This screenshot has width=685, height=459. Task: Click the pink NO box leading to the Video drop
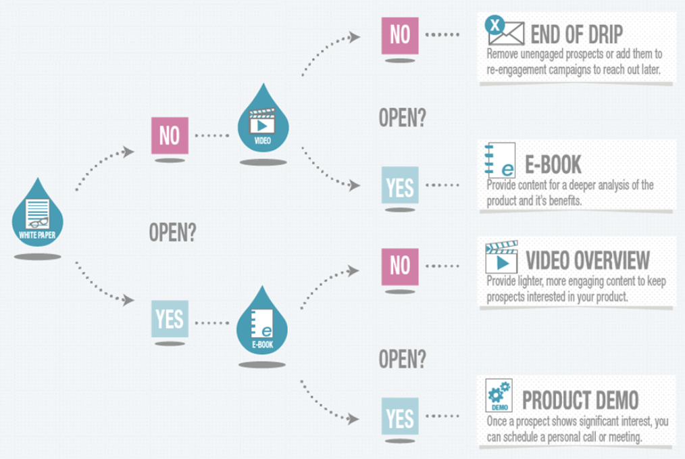(169, 135)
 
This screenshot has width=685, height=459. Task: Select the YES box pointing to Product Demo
(399, 416)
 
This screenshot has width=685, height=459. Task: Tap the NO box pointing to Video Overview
(399, 265)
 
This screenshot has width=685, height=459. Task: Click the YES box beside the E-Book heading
(399, 185)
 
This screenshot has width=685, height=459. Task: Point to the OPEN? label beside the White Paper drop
(173, 233)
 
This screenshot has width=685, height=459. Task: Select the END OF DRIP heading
(576, 34)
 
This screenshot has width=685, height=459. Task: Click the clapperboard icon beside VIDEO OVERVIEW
(501, 257)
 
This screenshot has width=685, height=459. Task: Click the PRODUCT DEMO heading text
(580, 400)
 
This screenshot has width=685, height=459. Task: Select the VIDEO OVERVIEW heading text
(587, 260)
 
